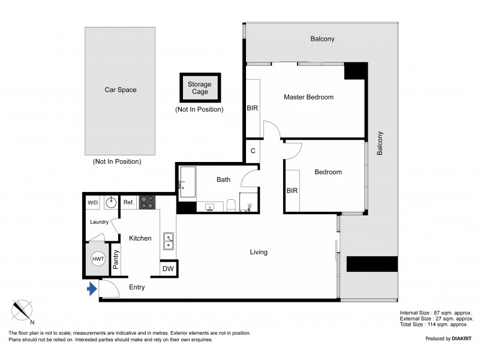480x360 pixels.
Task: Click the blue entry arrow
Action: [92, 289]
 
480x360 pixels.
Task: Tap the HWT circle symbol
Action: [98, 259]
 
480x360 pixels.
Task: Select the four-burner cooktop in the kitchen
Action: [147, 202]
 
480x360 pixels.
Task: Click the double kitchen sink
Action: [169, 241]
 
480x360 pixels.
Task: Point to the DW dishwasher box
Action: [168, 269]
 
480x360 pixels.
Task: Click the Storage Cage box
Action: [200, 88]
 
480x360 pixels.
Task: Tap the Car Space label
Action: [121, 89]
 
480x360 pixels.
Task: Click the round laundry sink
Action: [110, 202]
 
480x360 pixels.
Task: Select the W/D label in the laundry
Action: [93, 203]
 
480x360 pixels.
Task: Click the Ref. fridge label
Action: [128, 202]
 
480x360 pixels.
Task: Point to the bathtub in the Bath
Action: [187, 182]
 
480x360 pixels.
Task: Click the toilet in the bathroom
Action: [231, 205]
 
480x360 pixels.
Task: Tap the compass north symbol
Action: [22, 311]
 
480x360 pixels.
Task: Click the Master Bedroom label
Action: [308, 97]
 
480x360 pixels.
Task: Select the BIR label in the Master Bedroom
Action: [252, 108]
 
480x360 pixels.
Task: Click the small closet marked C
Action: [253, 151]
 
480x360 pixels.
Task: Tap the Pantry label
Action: [116, 259]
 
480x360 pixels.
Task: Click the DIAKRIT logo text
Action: [461, 338]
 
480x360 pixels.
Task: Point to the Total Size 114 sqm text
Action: [434, 325]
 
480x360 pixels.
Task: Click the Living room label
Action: [259, 252]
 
